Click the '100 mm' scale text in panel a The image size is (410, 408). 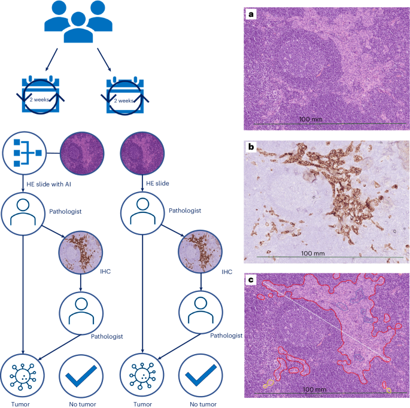click(x=309, y=120)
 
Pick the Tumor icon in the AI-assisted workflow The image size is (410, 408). click(x=23, y=374)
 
